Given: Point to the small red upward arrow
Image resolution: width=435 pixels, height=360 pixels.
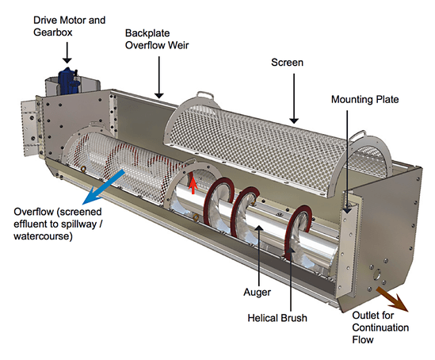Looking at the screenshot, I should pos(190,186).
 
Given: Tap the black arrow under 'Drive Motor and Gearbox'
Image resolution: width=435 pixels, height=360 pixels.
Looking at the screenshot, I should pos(67,52).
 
